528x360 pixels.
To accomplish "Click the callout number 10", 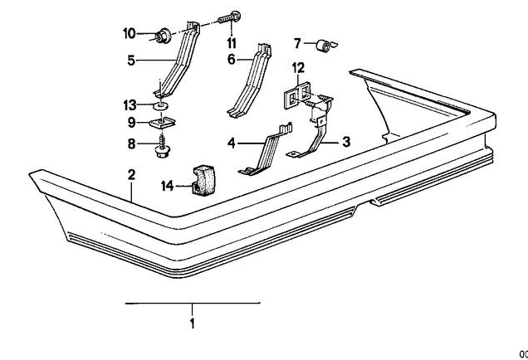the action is tap(130, 33).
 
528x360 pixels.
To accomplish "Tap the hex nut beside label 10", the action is tap(163, 36).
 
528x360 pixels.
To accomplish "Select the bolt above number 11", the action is tap(229, 17).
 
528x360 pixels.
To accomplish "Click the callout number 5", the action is tap(131, 61).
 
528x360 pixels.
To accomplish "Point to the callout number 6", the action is tap(232, 60).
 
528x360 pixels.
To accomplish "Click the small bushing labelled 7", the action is tap(325, 46).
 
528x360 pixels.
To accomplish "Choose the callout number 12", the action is tap(298, 68).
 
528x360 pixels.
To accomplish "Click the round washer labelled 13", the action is tap(160, 106).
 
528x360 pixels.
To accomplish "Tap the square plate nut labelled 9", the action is tap(163, 123).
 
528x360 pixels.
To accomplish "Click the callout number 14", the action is tap(167, 186).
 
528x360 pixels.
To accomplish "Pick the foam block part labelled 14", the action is tap(203, 180).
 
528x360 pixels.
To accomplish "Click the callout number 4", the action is tap(231, 144).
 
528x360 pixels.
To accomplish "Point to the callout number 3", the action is tap(346, 142).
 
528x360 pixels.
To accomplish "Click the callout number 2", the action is tap(132, 175).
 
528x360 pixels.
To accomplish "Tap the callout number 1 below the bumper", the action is tap(193, 324).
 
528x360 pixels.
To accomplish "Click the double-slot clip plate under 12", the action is tap(296, 95).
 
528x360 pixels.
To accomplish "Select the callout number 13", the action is tap(130, 105).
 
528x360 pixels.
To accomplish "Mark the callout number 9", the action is tap(132, 123).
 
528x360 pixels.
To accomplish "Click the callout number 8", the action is tap(132, 144).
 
